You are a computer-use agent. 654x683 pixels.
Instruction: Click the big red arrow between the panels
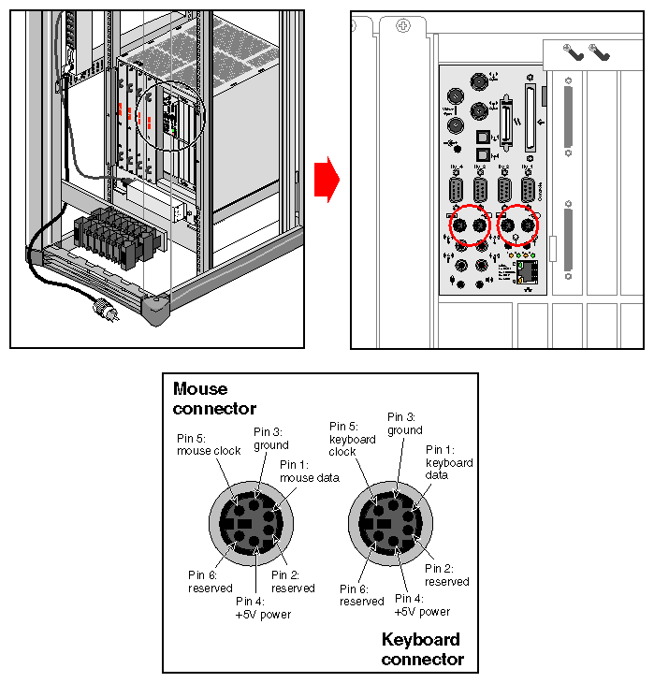tap(325, 179)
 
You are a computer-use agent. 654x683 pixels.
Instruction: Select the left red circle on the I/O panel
tap(470, 226)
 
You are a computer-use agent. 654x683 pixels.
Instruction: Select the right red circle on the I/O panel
tap(518, 226)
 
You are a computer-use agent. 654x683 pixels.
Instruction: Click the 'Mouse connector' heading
tap(214, 399)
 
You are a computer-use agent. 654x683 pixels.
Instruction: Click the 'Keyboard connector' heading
tap(422, 649)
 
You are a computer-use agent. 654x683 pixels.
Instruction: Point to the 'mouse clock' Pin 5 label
tap(209, 443)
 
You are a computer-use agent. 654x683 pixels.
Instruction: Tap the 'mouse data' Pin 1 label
tap(309, 472)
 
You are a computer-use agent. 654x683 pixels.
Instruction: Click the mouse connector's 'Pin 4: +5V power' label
tap(263, 608)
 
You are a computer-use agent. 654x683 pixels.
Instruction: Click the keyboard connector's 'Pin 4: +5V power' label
tap(423, 604)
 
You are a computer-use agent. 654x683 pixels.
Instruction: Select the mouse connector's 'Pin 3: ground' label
tap(271, 438)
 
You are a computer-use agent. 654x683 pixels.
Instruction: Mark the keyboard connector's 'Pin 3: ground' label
tap(404, 423)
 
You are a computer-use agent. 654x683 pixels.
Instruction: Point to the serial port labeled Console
tap(529, 191)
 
